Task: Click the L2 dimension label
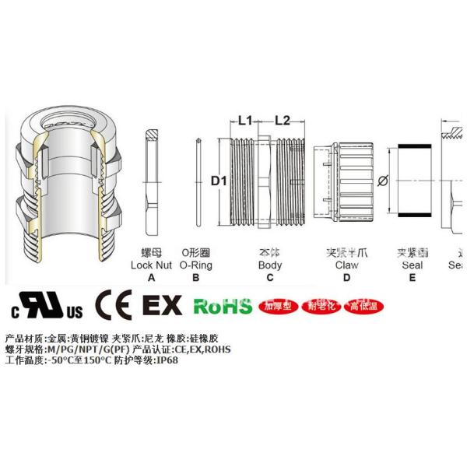(x=282, y=121)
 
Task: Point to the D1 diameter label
(x=219, y=181)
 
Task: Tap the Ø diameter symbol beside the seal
(x=381, y=181)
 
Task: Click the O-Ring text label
(x=195, y=265)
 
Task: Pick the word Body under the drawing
(x=270, y=265)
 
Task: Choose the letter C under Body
(x=270, y=277)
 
